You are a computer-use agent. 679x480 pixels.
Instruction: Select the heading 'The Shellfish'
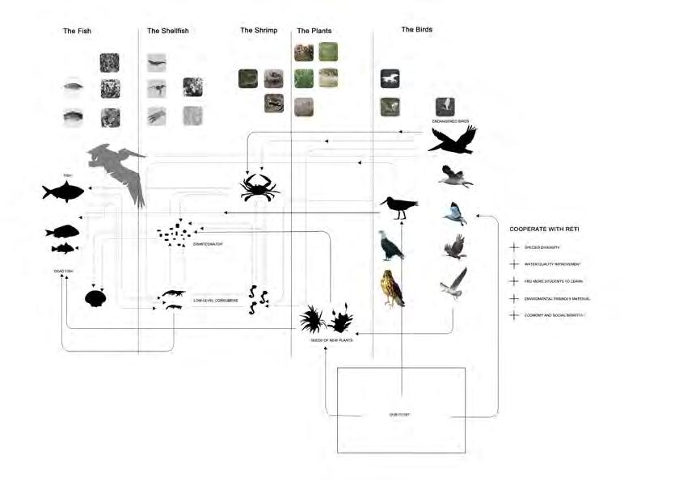168,31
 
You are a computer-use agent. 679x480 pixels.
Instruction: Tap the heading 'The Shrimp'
259,31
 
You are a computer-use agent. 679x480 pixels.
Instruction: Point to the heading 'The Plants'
314,31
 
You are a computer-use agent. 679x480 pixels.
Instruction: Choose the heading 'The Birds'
417,30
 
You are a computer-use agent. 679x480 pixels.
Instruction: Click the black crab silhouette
259,187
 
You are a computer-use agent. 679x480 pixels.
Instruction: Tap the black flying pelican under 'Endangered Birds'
452,141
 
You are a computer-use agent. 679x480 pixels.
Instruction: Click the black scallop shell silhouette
95,297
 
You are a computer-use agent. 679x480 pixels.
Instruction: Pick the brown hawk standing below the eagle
393,288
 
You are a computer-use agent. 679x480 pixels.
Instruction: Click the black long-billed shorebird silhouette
399,208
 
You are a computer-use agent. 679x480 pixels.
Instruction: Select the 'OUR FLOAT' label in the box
401,415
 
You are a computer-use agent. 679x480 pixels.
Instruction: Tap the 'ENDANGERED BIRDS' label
451,120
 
